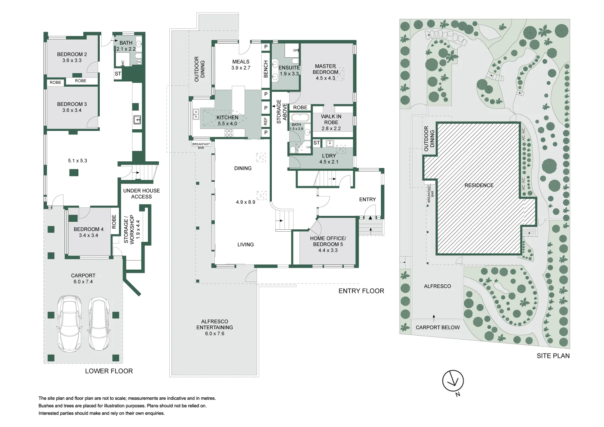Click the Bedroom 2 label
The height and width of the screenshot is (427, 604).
(72, 55)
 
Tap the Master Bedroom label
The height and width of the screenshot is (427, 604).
(325, 69)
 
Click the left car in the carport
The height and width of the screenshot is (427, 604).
(70, 323)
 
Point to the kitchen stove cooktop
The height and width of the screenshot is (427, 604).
(229, 133)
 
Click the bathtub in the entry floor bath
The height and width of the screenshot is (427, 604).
(301, 118)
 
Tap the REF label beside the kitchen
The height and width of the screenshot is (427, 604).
(266, 121)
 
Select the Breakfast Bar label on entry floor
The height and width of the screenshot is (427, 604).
(201, 146)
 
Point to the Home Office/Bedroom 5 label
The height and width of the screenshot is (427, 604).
(328, 241)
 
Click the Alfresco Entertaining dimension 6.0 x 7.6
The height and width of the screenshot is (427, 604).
(214, 334)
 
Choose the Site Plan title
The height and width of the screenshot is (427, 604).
(553, 356)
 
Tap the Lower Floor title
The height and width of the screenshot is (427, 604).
(109, 371)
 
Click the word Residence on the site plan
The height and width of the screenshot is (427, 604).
(479, 185)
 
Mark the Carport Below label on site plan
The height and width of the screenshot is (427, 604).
(437, 328)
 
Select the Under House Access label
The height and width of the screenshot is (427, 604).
(141, 194)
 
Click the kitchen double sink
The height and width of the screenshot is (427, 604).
(196, 114)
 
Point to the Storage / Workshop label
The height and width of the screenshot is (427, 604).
(129, 229)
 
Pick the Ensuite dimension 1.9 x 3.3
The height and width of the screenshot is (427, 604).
(289, 74)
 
